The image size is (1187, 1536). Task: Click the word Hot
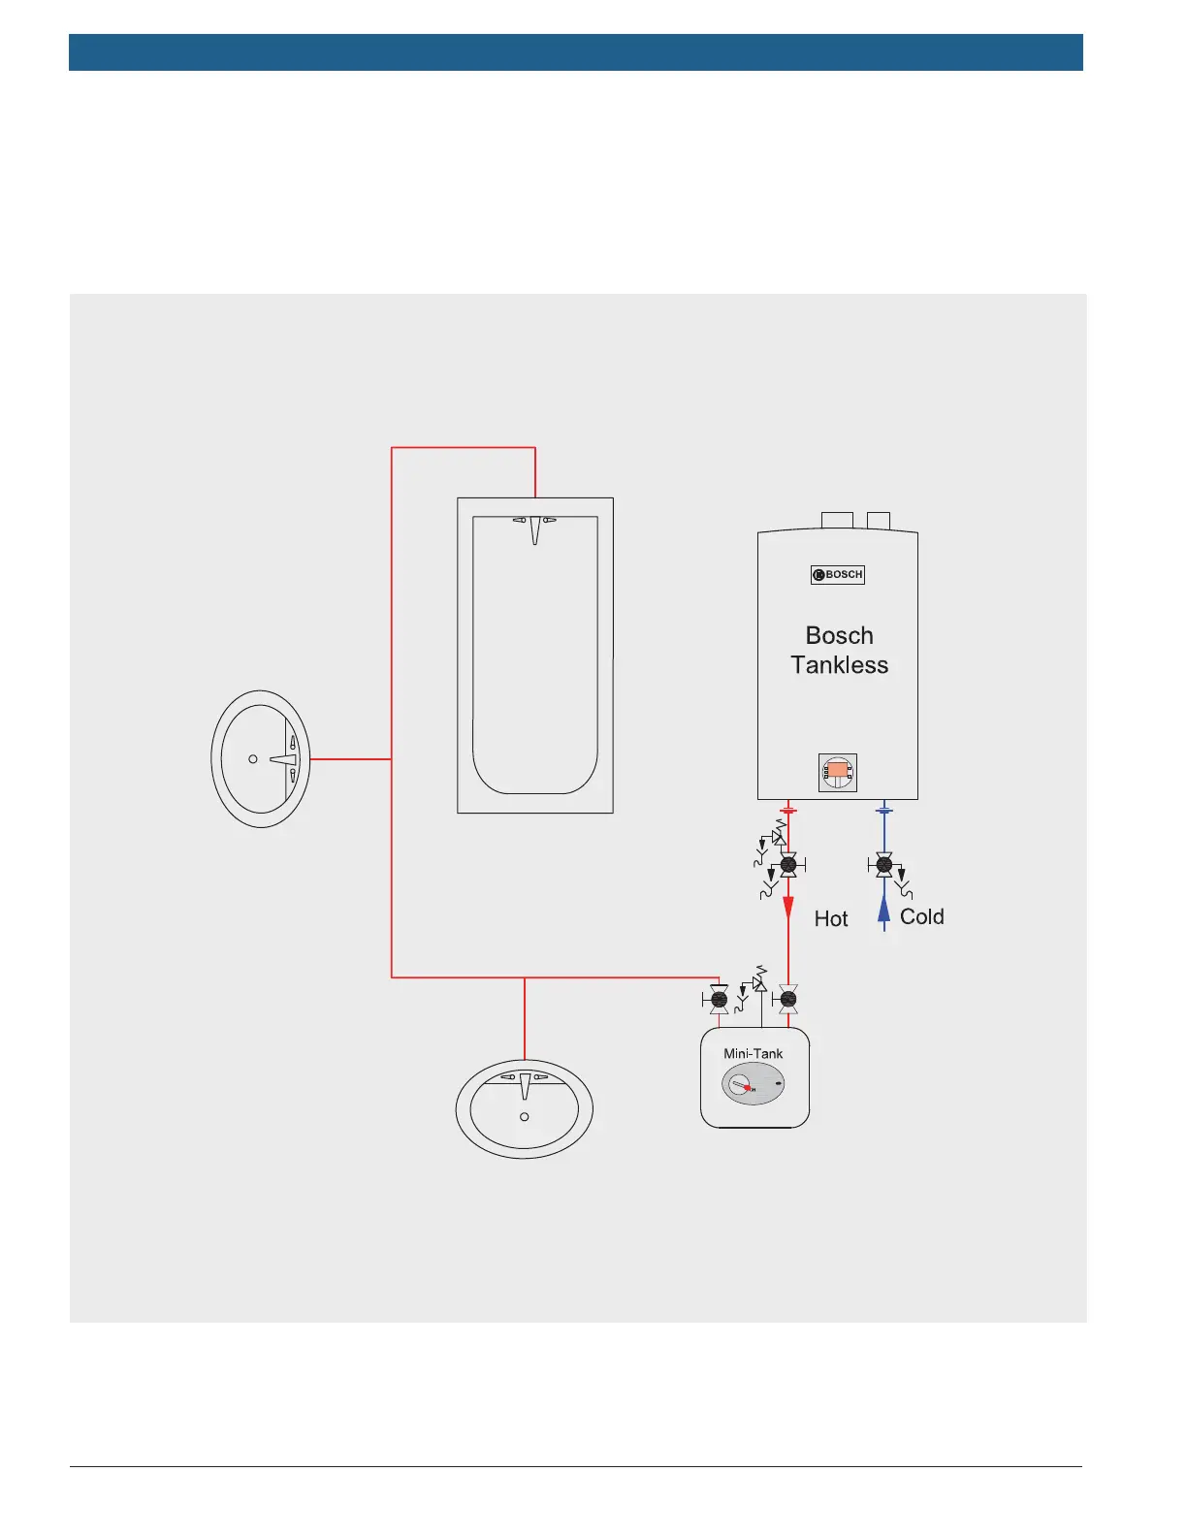(831, 919)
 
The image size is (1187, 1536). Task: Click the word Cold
(921, 917)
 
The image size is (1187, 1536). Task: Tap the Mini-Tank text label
(753, 1053)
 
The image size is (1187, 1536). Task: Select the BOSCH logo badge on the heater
(838, 575)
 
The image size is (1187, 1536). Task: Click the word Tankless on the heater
(839, 665)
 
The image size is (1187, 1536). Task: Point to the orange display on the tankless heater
(837, 772)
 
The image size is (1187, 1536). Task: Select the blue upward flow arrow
(883, 911)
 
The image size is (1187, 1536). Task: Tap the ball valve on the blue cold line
(883, 863)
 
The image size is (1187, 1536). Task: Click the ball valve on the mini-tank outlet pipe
(719, 999)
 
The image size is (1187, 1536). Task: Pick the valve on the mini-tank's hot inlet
(788, 998)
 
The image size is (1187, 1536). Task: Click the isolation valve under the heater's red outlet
(788, 863)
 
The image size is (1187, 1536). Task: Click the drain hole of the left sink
(253, 759)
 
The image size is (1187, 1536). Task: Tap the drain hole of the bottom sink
(525, 1117)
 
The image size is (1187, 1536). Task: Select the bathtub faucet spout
(534, 529)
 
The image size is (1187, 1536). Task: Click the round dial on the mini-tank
(740, 1084)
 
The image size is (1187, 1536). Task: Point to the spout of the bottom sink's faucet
(525, 1087)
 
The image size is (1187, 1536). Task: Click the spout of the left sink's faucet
(281, 759)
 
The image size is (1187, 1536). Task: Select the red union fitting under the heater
(788, 810)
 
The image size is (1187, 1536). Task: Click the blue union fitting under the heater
(883, 810)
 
